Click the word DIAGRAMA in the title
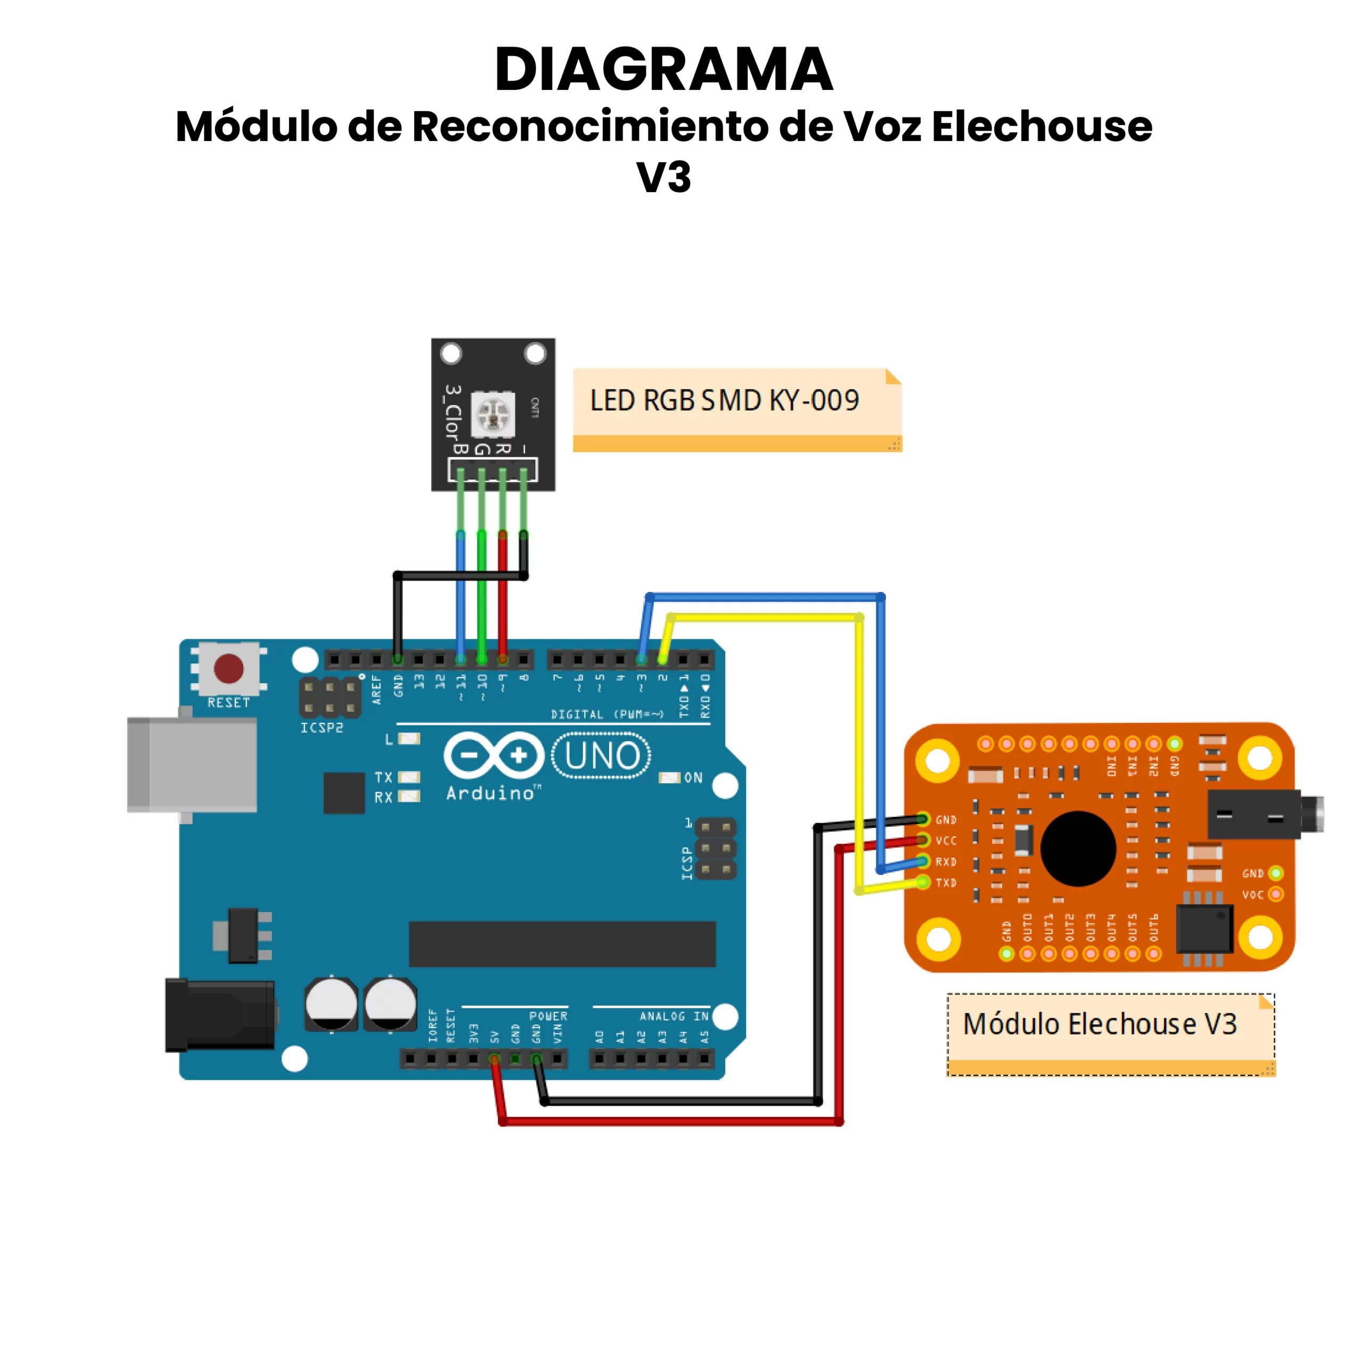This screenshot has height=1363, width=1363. [663, 69]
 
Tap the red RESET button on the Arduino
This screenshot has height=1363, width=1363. [228, 668]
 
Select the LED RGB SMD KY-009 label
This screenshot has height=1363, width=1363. [725, 401]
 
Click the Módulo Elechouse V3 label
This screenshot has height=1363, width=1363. [1100, 1024]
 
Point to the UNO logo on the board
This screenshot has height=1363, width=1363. [601, 756]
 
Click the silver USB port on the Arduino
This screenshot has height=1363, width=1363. [192, 765]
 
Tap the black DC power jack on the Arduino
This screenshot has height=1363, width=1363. [220, 1015]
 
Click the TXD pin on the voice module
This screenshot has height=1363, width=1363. [923, 882]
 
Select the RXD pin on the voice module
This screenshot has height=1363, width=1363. [923, 861]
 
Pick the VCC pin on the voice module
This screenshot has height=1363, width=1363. [923, 840]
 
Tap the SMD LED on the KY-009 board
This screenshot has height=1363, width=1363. [492, 414]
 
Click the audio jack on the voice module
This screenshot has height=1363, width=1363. [1263, 815]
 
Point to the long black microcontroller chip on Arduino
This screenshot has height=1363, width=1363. [562, 943]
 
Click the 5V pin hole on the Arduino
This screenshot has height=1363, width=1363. [495, 1059]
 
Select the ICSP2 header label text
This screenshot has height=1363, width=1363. [322, 727]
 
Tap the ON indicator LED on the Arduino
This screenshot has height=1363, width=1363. [668, 777]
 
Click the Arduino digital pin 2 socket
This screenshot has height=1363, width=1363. [662, 660]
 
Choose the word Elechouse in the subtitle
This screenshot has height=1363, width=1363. [1041, 127]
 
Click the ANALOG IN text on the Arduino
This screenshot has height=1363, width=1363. [673, 1016]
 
